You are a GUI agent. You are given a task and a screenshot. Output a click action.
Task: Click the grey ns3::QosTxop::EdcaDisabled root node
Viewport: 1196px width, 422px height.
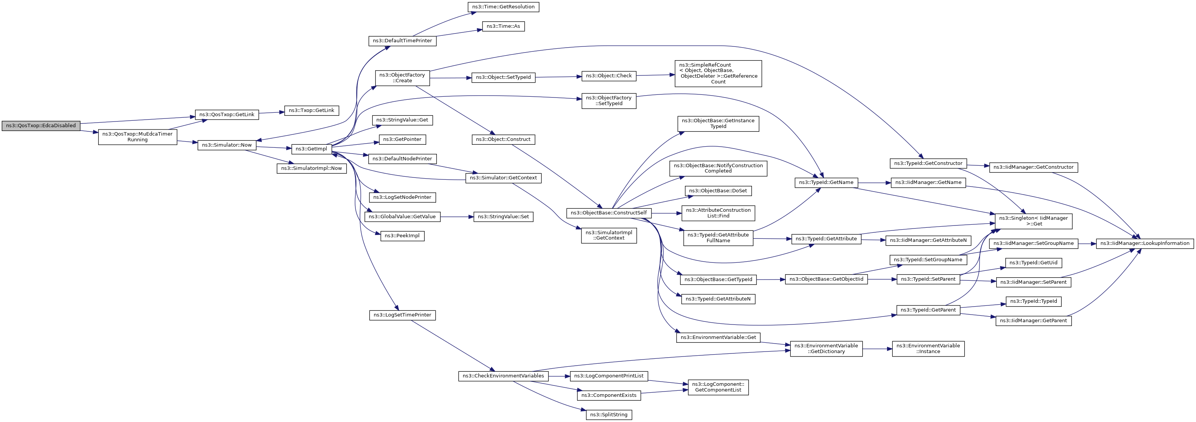tap(41, 125)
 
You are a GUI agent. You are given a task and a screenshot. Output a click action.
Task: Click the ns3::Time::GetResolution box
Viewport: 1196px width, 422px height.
tap(503, 7)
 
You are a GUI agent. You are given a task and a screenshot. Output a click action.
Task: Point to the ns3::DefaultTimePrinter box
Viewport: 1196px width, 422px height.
tap(402, 41)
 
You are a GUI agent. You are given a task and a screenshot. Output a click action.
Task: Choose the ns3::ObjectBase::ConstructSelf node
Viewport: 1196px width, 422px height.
tap(609, 213)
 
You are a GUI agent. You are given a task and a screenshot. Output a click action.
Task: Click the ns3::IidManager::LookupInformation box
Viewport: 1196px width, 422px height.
tap(1145, 243)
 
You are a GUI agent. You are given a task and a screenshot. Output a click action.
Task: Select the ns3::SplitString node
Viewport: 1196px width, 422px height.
tap(609, 414)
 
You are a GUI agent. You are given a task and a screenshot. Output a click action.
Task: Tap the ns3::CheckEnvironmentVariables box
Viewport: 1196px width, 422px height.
tap(503, 376)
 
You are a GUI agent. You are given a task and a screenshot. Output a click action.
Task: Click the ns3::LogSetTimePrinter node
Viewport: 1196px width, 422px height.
tap(402, 315)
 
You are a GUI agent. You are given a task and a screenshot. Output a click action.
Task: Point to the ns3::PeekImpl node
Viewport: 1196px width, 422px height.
tap(402, 236)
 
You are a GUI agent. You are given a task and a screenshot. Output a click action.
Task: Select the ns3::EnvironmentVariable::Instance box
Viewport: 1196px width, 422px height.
tap(928, 348)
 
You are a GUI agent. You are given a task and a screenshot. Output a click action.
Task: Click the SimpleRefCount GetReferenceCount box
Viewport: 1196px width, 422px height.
tap(718, 74)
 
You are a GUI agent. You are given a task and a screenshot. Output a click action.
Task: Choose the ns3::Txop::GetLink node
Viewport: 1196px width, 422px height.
tap(312, 110)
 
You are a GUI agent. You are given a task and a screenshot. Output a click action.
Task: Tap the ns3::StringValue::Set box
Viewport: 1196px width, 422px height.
tap(503, 217)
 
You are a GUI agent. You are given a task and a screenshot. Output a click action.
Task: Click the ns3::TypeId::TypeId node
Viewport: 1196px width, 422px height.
tap(1034, 302)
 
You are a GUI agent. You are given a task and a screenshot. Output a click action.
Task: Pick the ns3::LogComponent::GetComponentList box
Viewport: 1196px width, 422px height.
tap(718, 387)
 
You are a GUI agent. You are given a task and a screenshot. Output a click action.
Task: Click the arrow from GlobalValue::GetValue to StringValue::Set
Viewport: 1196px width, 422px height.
tap(456, 217)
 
